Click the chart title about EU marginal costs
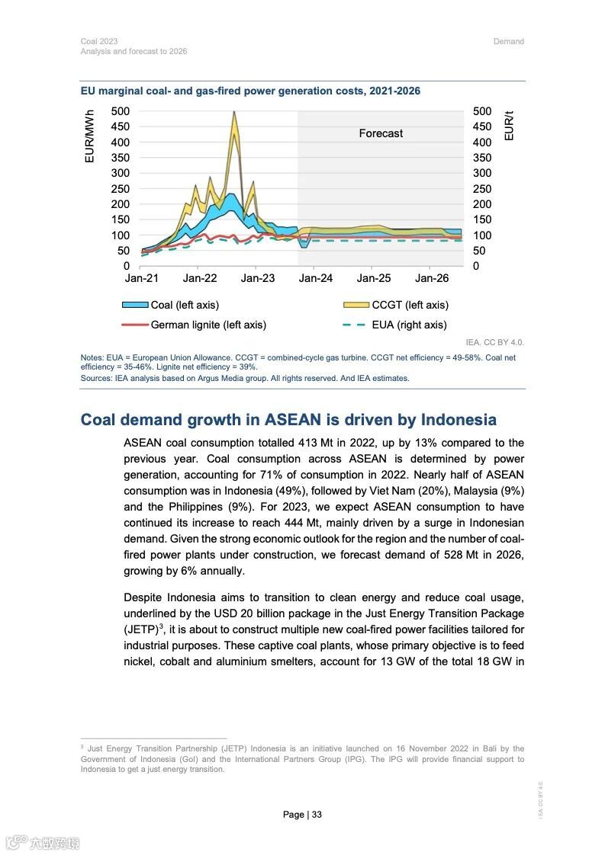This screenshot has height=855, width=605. [x=250, y=91]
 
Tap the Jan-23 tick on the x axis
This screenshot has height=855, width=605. [x=258, y=279]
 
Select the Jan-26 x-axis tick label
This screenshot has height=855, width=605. [x=431, y=279]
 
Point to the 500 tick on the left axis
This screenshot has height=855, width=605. [x=121, y=111]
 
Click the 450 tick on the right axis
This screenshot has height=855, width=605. [x=482, y=127]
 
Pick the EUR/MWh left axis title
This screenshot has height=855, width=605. [x=89, y=136]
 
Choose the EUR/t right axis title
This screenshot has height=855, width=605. [x=510, y=126]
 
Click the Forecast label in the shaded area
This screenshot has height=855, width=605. [x=381, y=133]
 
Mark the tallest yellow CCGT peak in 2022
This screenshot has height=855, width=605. [x=233, y=113]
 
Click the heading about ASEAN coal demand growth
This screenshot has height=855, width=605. [x=288, y=420]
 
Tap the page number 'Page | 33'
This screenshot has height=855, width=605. [x=302, y=815]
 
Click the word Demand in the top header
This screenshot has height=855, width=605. [x=508, y=41]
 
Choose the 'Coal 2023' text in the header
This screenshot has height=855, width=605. [x=99, y=41]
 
